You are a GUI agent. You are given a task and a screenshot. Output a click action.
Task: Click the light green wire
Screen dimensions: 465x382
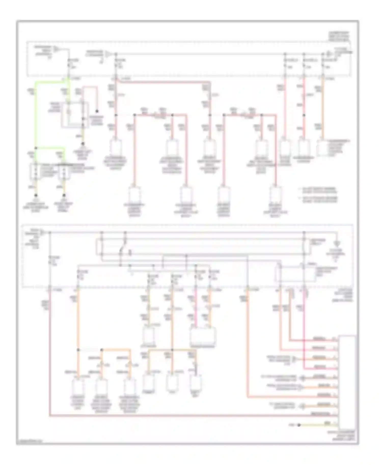(36, 114)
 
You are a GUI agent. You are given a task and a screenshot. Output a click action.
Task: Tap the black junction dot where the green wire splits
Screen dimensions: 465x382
(36, 148)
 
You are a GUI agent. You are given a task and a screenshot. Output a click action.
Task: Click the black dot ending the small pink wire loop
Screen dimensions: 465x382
(97, 111)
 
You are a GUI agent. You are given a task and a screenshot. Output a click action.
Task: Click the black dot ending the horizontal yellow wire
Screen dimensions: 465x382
(299, 425)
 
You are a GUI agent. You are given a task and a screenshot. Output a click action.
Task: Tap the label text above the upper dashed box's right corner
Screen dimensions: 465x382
(339, 37)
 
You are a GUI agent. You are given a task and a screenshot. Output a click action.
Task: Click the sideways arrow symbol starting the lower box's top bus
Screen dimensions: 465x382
(43, 232)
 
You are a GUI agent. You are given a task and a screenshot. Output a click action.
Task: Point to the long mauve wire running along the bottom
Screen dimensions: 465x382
(178, 416)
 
